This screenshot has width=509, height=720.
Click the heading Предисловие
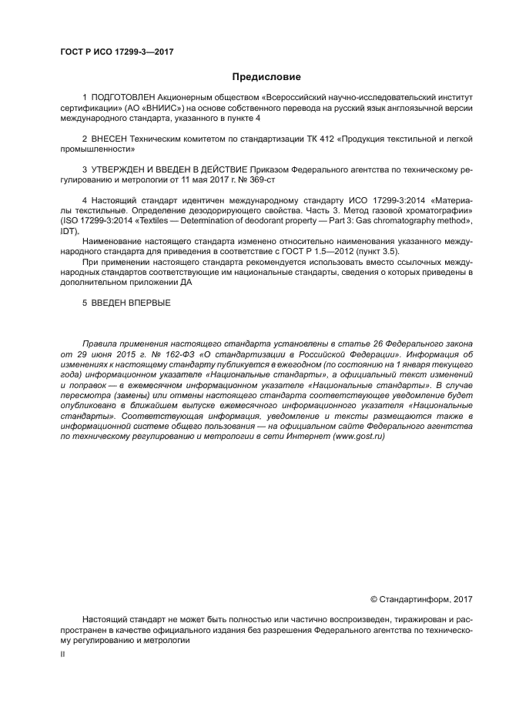266,77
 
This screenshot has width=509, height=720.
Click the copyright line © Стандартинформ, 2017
421,598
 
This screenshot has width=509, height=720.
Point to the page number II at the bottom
62,654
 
